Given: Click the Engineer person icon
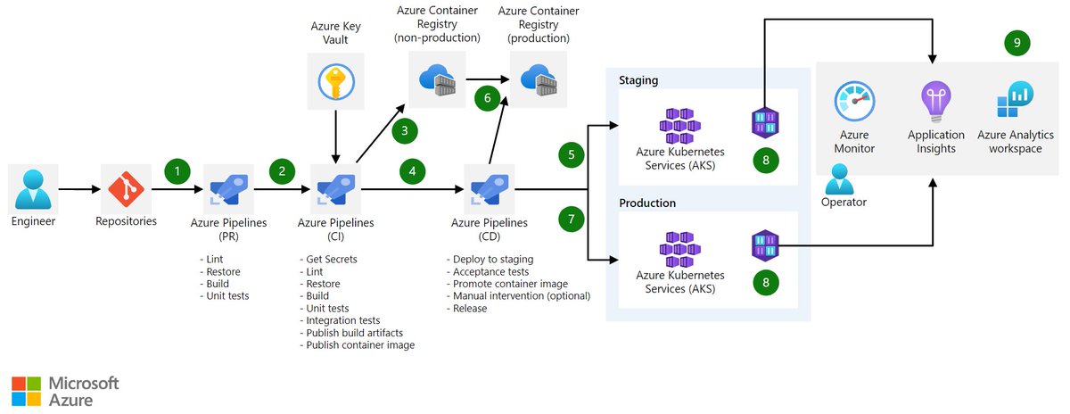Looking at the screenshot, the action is [x=33, y=189].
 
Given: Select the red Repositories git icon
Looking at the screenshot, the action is [x=126, y=189].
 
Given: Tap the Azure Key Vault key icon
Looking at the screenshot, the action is [x=336, y=82].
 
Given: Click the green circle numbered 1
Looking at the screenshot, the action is [x=177, y=171].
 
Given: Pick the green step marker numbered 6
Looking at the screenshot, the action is [x=487, y=98].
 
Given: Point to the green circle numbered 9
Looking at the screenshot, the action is [x=1017, y=43].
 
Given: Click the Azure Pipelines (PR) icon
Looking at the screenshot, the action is [x=229, y=189].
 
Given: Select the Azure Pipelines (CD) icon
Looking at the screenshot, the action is [x=490, y=189].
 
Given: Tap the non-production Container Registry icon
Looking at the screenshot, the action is [x=437, y=79].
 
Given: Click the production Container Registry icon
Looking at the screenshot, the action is [x=539, y=79].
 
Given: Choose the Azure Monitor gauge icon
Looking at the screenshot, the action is [x=854, y=101].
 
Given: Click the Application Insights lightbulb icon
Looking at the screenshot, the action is [x=936, y=102].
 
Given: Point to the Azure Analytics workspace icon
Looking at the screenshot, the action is [x=1015, y=99].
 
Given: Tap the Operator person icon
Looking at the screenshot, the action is [x=839, y=179].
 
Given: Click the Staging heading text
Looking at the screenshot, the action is [x=638, y=80].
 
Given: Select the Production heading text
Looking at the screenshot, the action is [x=647, y=203].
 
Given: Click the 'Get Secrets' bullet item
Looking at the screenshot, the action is [x=329, y=259].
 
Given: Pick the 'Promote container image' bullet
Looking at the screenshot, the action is [x=507, y=284].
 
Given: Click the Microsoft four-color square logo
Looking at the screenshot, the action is [x=26, y=391].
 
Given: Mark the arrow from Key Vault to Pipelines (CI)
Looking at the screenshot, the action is [x=336, y=137].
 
